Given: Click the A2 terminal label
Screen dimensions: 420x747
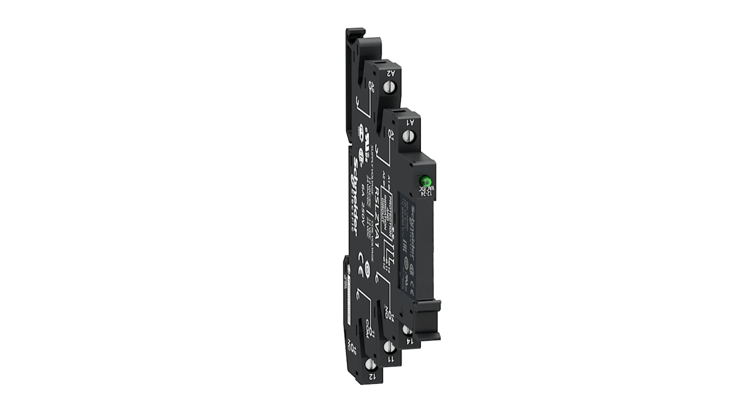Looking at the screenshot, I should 391,73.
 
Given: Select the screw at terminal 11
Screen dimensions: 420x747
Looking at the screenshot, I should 389,347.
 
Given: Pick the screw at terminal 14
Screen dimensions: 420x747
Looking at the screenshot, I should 406,330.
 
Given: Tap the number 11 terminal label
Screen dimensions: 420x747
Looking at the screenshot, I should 390,359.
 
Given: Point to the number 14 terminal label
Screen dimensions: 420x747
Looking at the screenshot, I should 408,341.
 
